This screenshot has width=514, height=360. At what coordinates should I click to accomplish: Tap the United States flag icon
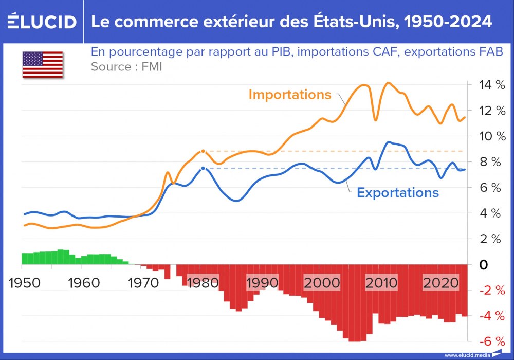tap(42, 65)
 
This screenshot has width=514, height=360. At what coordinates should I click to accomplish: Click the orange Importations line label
tap(290, 95)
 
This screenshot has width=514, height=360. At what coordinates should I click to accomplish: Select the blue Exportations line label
tap(398, 193)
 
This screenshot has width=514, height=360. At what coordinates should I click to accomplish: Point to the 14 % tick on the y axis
tap(489, 85)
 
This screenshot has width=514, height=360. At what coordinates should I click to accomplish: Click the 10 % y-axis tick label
tap(489, 136)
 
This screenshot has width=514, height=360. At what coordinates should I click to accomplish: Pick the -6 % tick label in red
tap(489, 342)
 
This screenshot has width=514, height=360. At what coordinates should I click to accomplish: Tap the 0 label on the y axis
tap(484, 265)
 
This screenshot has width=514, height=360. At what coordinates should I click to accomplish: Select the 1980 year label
tap(203, 283)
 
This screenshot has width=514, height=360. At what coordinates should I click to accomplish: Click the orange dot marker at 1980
tap(203, 151)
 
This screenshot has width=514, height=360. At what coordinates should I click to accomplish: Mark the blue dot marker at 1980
tap(203, 168)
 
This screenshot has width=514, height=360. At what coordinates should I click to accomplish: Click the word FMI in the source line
tap(151, 67)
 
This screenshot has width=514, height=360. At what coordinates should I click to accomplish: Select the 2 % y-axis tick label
tap(489, 239)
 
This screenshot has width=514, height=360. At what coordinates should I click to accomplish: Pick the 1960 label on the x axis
tap(83, 283)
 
